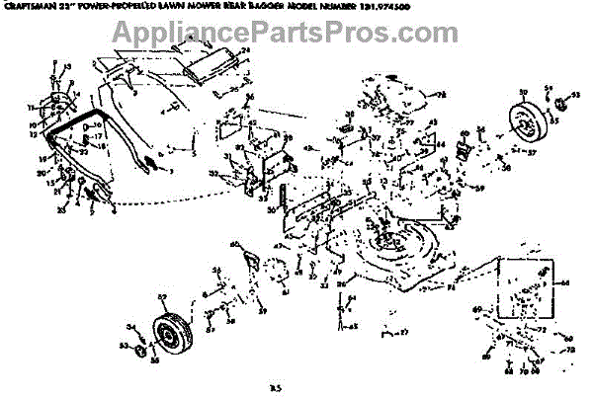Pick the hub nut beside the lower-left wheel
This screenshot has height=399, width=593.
click(140, 349)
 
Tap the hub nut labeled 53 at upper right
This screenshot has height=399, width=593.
click(560, 102)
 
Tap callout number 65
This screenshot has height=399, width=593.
click(353, 326)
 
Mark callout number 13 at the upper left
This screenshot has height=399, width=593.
click(68, 67)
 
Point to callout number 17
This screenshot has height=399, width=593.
click(99, 136)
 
